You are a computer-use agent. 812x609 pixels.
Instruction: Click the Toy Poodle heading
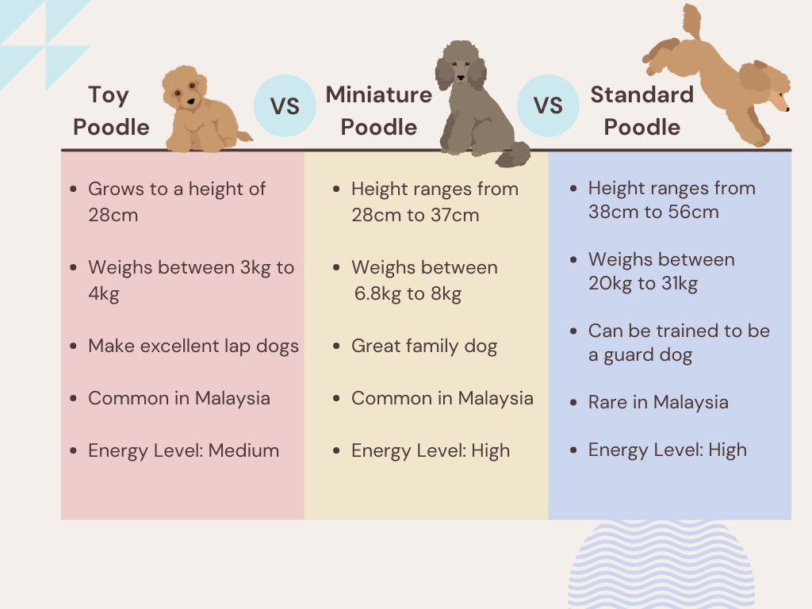point(110,110)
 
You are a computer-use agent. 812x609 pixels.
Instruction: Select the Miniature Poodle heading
point(379,110)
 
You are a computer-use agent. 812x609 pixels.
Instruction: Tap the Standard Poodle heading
point(642,110)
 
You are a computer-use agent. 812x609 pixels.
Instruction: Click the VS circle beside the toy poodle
point(285,105)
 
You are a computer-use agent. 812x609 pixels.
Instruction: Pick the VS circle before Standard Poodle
point(548,105)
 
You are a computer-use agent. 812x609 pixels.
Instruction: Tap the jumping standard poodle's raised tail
point(691,20)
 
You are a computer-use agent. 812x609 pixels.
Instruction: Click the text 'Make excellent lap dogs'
point(193,346)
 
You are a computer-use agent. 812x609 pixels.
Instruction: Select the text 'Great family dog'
point(424,346)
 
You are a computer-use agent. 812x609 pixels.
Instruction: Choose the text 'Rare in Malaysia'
point(658,402)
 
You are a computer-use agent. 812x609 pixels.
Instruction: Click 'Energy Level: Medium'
point(183,450)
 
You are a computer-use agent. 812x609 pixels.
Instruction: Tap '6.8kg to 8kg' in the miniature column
point(408,294)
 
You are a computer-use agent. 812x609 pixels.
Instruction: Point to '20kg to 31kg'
point(643,283)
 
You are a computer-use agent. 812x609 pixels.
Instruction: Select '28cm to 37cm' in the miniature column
point(416,215)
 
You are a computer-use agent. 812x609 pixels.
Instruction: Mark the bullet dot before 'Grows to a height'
point(74,190)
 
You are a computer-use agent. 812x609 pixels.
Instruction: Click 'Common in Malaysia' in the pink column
point(179,398)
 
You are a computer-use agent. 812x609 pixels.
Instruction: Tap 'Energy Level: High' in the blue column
point(668,450)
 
